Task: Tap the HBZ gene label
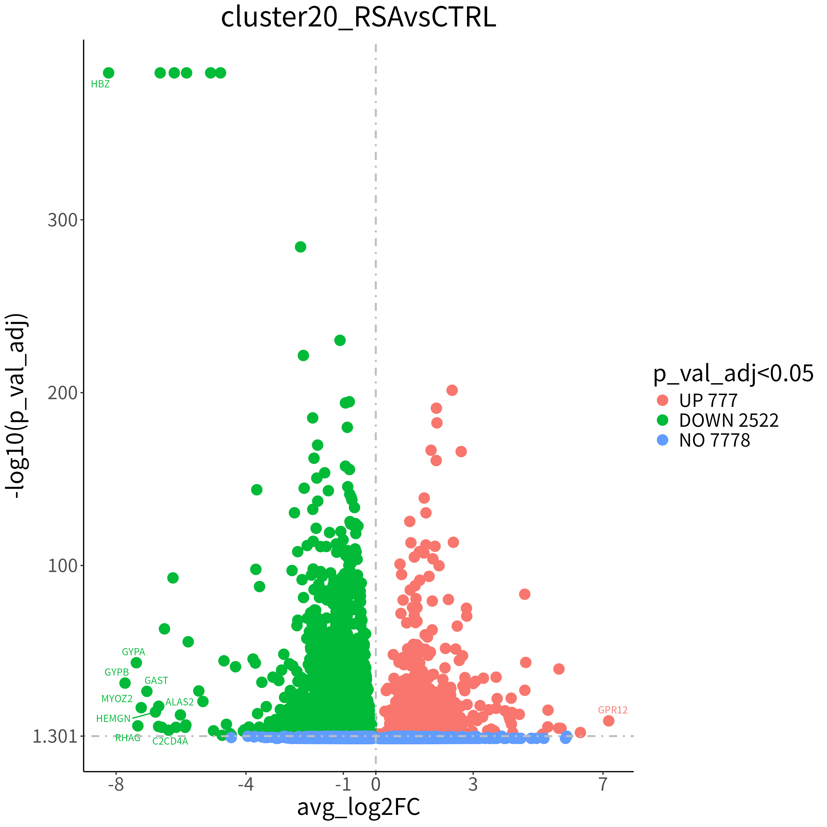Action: point(101,84)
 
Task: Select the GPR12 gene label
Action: point(613,710)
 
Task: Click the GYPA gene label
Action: point(133,652)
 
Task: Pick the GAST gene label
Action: point(156,681)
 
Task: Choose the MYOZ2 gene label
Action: point(117,699)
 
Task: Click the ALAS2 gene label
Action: point(180,702)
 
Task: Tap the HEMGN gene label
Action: point(113,719)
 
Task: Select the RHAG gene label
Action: point(128,738)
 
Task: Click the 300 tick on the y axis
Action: point(63,220)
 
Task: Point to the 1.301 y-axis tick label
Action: point(55,737)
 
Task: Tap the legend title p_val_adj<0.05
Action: point(733,374)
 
